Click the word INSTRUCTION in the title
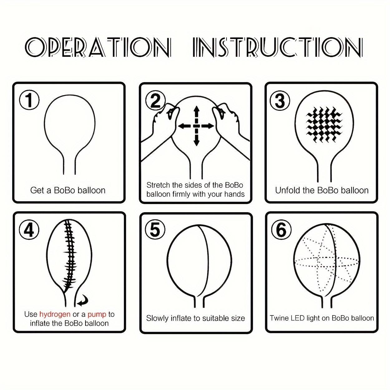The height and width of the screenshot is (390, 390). point(277,47)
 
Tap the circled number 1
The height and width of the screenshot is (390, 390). point(29,100)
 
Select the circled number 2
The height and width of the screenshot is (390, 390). point(155,100)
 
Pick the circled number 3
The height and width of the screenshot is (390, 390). point(280,100)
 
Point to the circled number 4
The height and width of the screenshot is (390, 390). point(29,230)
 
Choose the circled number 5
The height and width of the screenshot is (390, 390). point(155,230)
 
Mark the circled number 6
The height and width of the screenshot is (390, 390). point(281,230)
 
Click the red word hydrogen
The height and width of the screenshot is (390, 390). point(55,314)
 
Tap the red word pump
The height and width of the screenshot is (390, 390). point(97,314)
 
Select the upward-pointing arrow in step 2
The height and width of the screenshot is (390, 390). point(196,112)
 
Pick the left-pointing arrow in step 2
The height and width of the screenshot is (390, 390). point(184,126)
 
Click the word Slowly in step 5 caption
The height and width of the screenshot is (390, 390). point(157,318)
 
